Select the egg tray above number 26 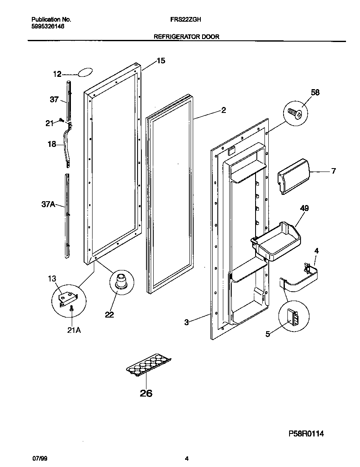click(149, 365)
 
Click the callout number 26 click(146, 393)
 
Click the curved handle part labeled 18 click(66, 144)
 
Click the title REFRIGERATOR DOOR click(186, 37)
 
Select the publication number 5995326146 click(48, 26)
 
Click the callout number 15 click(160, 61)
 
